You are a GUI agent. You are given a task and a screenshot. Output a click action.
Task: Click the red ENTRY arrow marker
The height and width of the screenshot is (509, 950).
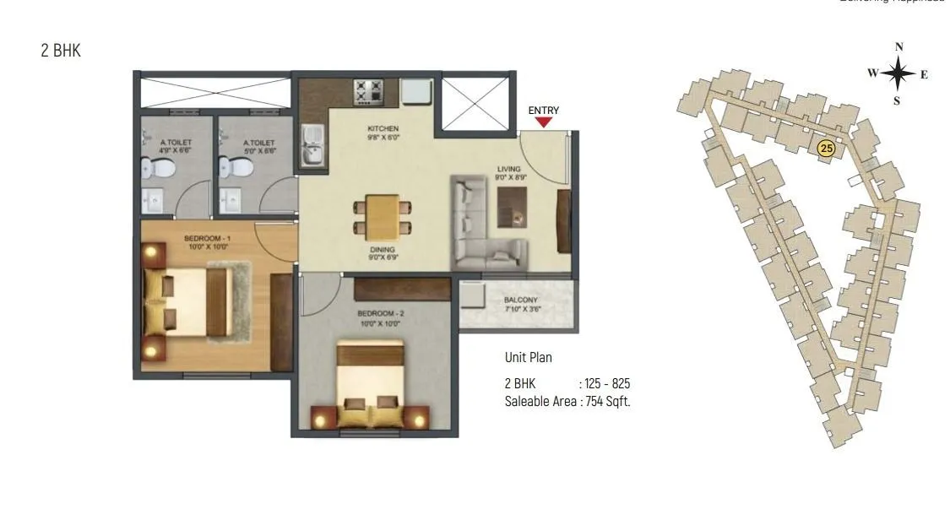[x=544, y=122]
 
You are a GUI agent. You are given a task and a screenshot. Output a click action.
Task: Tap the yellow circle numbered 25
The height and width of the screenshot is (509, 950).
[x=827, y=149]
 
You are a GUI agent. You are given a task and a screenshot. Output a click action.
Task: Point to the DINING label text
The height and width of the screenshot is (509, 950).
[x=382, y=251]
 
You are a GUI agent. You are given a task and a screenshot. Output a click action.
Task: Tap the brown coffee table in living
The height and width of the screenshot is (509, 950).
[x=511, y=205]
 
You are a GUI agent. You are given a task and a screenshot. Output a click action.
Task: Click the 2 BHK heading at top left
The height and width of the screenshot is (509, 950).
[x=61, y=51]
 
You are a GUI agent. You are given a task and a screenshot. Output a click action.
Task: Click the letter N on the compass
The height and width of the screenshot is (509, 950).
[x=899, y=47]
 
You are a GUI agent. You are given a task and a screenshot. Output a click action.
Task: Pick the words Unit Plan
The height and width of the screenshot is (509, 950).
[x=529, y=358]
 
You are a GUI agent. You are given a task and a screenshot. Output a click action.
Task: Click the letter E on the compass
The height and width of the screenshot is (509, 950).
[x=924, y=74]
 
